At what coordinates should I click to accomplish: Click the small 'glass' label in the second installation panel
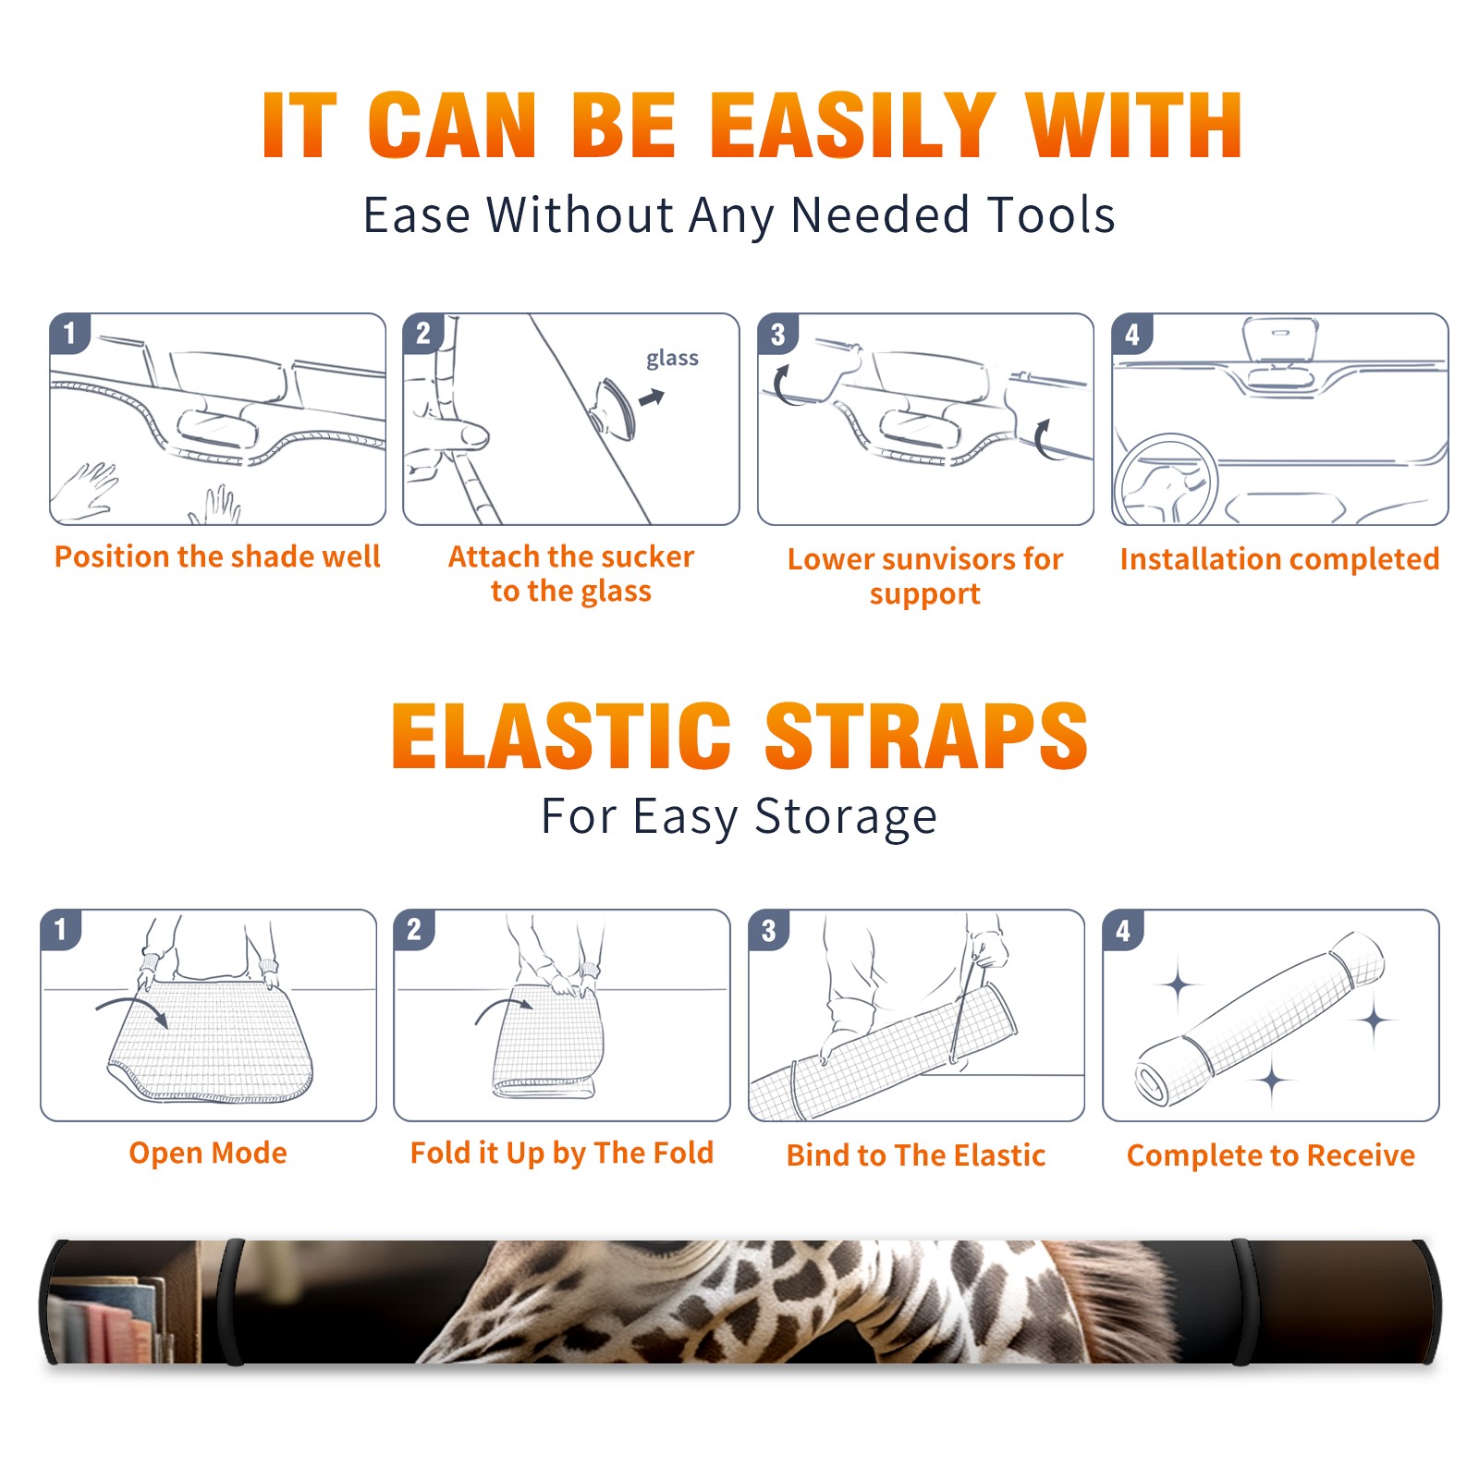click(x=672, y=359)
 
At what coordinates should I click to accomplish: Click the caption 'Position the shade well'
click(x=217, y=556)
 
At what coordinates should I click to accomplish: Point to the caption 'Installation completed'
click(x=1279, y=559)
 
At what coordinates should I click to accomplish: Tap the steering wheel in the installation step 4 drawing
click(x=1167, y=480)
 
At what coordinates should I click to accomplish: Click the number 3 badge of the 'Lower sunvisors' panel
click(x=777, y=334)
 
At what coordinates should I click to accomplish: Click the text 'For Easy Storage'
click(x=739, y=816)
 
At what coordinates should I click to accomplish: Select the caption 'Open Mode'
click(x=208, y=1153)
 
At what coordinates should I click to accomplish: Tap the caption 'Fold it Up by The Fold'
click(x=562, y=1153)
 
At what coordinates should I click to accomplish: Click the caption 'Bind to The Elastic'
click(x=916, y=1155)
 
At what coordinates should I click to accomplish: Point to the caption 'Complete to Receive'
click(x=1271, y=1155)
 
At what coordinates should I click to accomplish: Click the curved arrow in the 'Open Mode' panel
click(x=132, y=1005)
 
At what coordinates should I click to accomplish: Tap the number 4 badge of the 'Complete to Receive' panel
click(x=1123, y=931)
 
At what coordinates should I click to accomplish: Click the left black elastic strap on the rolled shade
click(x=231, y=1302)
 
